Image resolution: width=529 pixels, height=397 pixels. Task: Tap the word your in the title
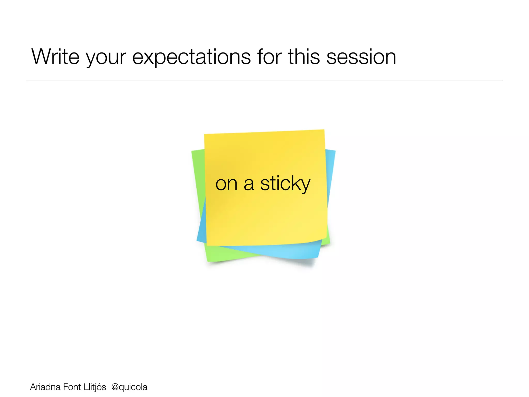[106, 58]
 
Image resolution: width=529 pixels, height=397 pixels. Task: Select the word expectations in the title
[191, 58]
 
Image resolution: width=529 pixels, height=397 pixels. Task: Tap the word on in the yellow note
[226, 185]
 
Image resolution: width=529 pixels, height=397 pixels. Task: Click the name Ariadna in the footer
[45, 387]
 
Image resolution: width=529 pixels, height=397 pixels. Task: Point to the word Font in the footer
[72, 387]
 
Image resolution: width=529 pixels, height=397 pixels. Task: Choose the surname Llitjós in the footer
[95, 387]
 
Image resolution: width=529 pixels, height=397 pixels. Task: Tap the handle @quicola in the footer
[129, 387]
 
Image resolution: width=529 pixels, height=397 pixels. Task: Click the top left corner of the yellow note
[205, 135]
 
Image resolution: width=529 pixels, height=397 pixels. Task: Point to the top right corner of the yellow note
[324, 130]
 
